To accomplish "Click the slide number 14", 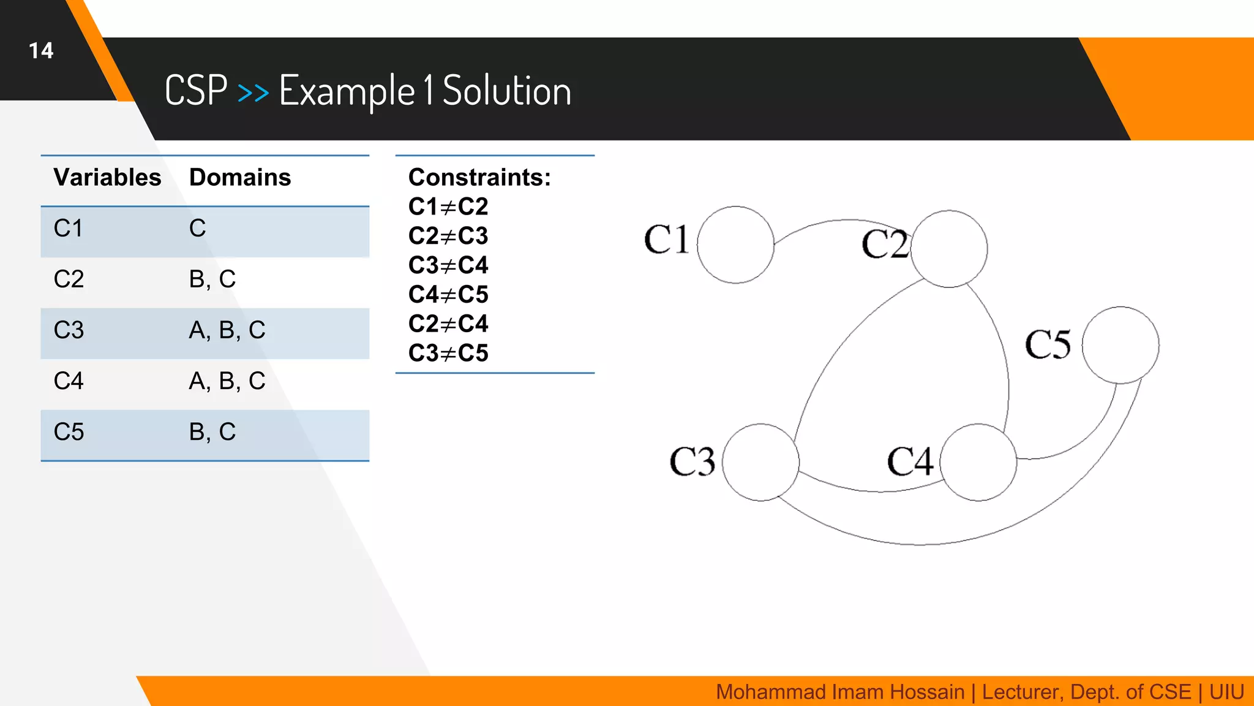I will pos(41,50).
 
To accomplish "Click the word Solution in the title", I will pos(506,91).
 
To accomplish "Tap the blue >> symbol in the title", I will pos(253,93).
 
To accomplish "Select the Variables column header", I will pos(107,177).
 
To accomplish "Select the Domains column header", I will pos(240,177).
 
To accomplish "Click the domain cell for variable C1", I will pos(197,229).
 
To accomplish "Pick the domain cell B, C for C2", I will pos(212,279).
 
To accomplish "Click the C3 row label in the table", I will pos(69,330).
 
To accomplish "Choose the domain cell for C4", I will pos(227,381).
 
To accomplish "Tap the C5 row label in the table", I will pos(69,432).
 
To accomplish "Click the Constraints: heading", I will pos(479,177).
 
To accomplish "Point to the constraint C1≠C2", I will pos(448,207).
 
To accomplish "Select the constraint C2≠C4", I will pos(448,324).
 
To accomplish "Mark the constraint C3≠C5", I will pos(448,353).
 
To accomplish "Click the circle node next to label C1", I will pos(735,245).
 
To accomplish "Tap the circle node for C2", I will pos(949,249).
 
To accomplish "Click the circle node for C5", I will pos(1121,345).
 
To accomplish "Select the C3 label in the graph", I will pos(692,461).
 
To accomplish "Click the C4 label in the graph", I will pos(910,461).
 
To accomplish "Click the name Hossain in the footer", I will pos(926,692).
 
